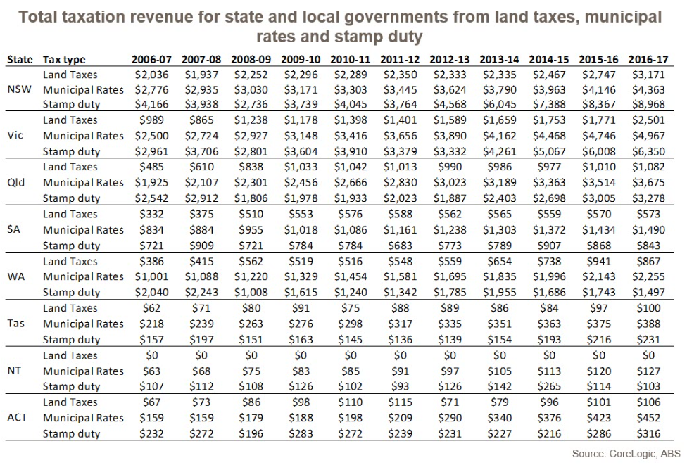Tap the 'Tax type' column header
coord(64,60)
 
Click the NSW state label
coord(18,89)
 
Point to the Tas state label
coord(17,324)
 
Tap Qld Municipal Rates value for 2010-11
coord(351,182)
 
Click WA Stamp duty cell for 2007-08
coord(202,292)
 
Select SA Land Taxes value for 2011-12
coord(400,214)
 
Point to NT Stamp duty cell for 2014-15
coord(549,386)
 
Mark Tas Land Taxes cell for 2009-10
coord(301,308)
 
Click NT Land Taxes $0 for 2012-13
coord(450,355)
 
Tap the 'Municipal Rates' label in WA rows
coord(83,276)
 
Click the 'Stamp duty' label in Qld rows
coord(71,198)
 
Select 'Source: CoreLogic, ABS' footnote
coord(626,454)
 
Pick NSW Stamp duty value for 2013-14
coord(499,104)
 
